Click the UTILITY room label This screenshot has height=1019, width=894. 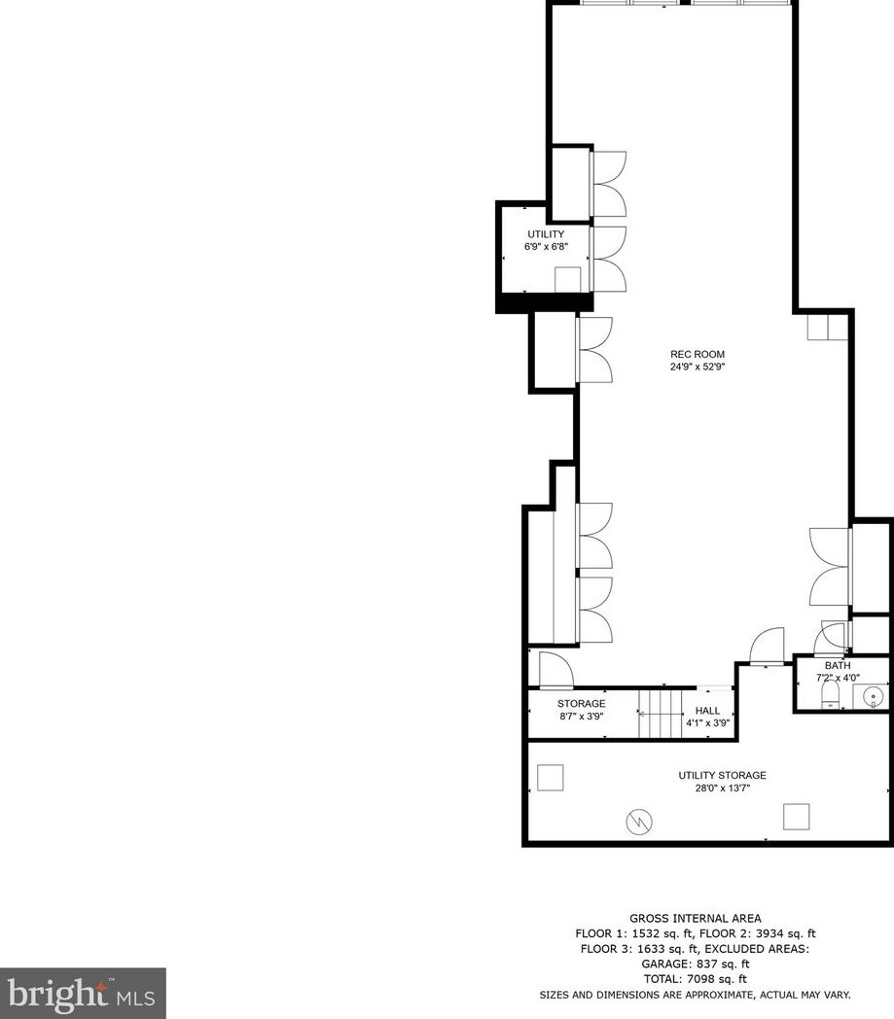tap(545, 234)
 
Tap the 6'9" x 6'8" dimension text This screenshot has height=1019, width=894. tap(545, 247)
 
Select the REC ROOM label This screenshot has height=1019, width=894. tap(697, 354)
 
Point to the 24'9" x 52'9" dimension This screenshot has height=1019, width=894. tap(697, 368)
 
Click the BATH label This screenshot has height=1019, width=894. tap(838, 665)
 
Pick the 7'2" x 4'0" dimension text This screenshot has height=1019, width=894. tap(838, 678)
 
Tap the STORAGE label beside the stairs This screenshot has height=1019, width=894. tap(582, 703)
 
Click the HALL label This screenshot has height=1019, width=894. tap(707, 711)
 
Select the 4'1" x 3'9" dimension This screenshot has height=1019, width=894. tap(707, 723)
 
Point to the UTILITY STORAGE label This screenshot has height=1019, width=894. tap(722, 775)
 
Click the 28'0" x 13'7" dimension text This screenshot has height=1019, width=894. tap(722, 788)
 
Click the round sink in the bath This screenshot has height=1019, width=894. tap(874, 696)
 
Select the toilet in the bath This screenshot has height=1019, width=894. tap(830, 694)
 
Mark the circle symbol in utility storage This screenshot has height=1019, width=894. tap(639, 823)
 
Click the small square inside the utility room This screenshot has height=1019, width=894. tap(568, 279)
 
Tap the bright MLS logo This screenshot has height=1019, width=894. tap(83, 993)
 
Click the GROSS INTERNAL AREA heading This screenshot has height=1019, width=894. tap(695, 918)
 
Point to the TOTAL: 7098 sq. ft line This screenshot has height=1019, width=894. tap(695, 979)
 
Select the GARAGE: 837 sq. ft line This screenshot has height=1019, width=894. tap(695, 964)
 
